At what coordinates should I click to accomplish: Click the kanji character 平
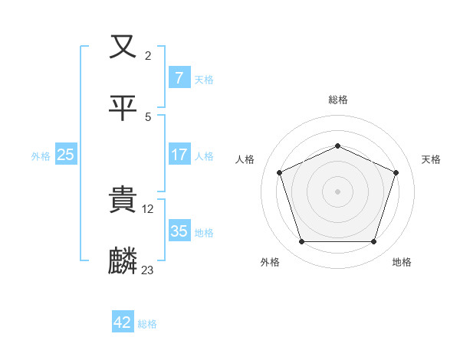[x=123, y=107]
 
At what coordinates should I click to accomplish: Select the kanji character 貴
[x=123, y=201]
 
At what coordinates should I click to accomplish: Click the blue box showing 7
[x=179, y=78]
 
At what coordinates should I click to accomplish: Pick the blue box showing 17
[x=179, y=155]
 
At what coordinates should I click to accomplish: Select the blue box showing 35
[x=179, y=231]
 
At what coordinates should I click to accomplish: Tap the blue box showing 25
[x=66, y=155]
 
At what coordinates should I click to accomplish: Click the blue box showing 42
[x=123, y=322]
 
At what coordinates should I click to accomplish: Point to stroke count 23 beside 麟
[x=148, y=270]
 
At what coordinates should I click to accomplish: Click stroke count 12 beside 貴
[x=148, y=208]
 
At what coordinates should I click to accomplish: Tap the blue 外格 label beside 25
[x=41, y=155]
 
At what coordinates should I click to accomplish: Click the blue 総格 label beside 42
[x=147, y=324]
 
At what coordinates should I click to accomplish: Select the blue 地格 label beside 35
[x=204, y=232]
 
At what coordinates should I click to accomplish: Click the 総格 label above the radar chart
[x=337, y=100]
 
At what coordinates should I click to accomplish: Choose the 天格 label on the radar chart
[x=431, y=159]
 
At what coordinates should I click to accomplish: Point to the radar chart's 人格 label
[x=245, y=159]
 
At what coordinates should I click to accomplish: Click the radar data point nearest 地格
[x=373, y=242]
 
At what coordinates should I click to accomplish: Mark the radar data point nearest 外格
[x=301, y=242]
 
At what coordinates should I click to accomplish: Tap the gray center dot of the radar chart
[x=337, y=191]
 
